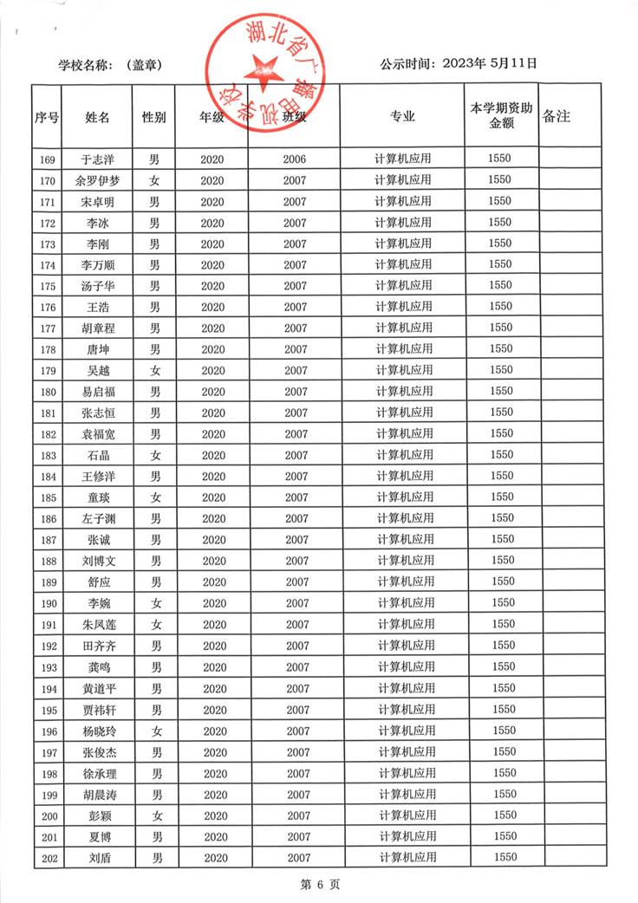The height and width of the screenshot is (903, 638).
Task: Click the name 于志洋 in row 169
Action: tap(97, 159)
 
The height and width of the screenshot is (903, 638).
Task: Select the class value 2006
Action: tap(295, 159)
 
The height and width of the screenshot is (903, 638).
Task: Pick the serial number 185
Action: tap(48, 498)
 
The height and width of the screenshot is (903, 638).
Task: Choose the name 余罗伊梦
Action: tap(97, 181)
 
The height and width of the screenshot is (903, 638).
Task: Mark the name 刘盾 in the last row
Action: tap(97, 858)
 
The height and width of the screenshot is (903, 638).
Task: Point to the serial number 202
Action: tap(48, 858)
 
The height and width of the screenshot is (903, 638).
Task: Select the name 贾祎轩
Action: tap(97, 710)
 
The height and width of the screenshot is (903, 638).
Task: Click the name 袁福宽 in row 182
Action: tap(97, 434)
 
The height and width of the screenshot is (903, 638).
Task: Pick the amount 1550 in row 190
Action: tap(502, 603)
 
